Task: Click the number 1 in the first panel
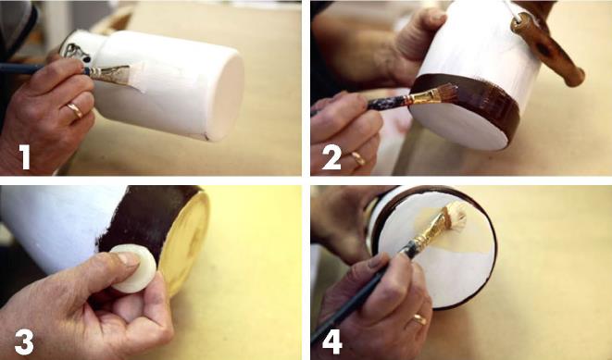click(25, 156)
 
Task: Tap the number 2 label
click(331, 156)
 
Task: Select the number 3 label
click(24, 341)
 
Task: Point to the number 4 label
click(332, 341)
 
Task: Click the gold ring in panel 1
click(75, 110)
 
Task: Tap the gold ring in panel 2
click(358, 159)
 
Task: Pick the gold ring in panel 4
click(419, 320)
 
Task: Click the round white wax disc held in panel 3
click(133, 268)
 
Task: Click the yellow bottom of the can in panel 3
click(184, 242)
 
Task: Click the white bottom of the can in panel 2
click(460, 124)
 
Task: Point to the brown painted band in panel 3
click(147, 223)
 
